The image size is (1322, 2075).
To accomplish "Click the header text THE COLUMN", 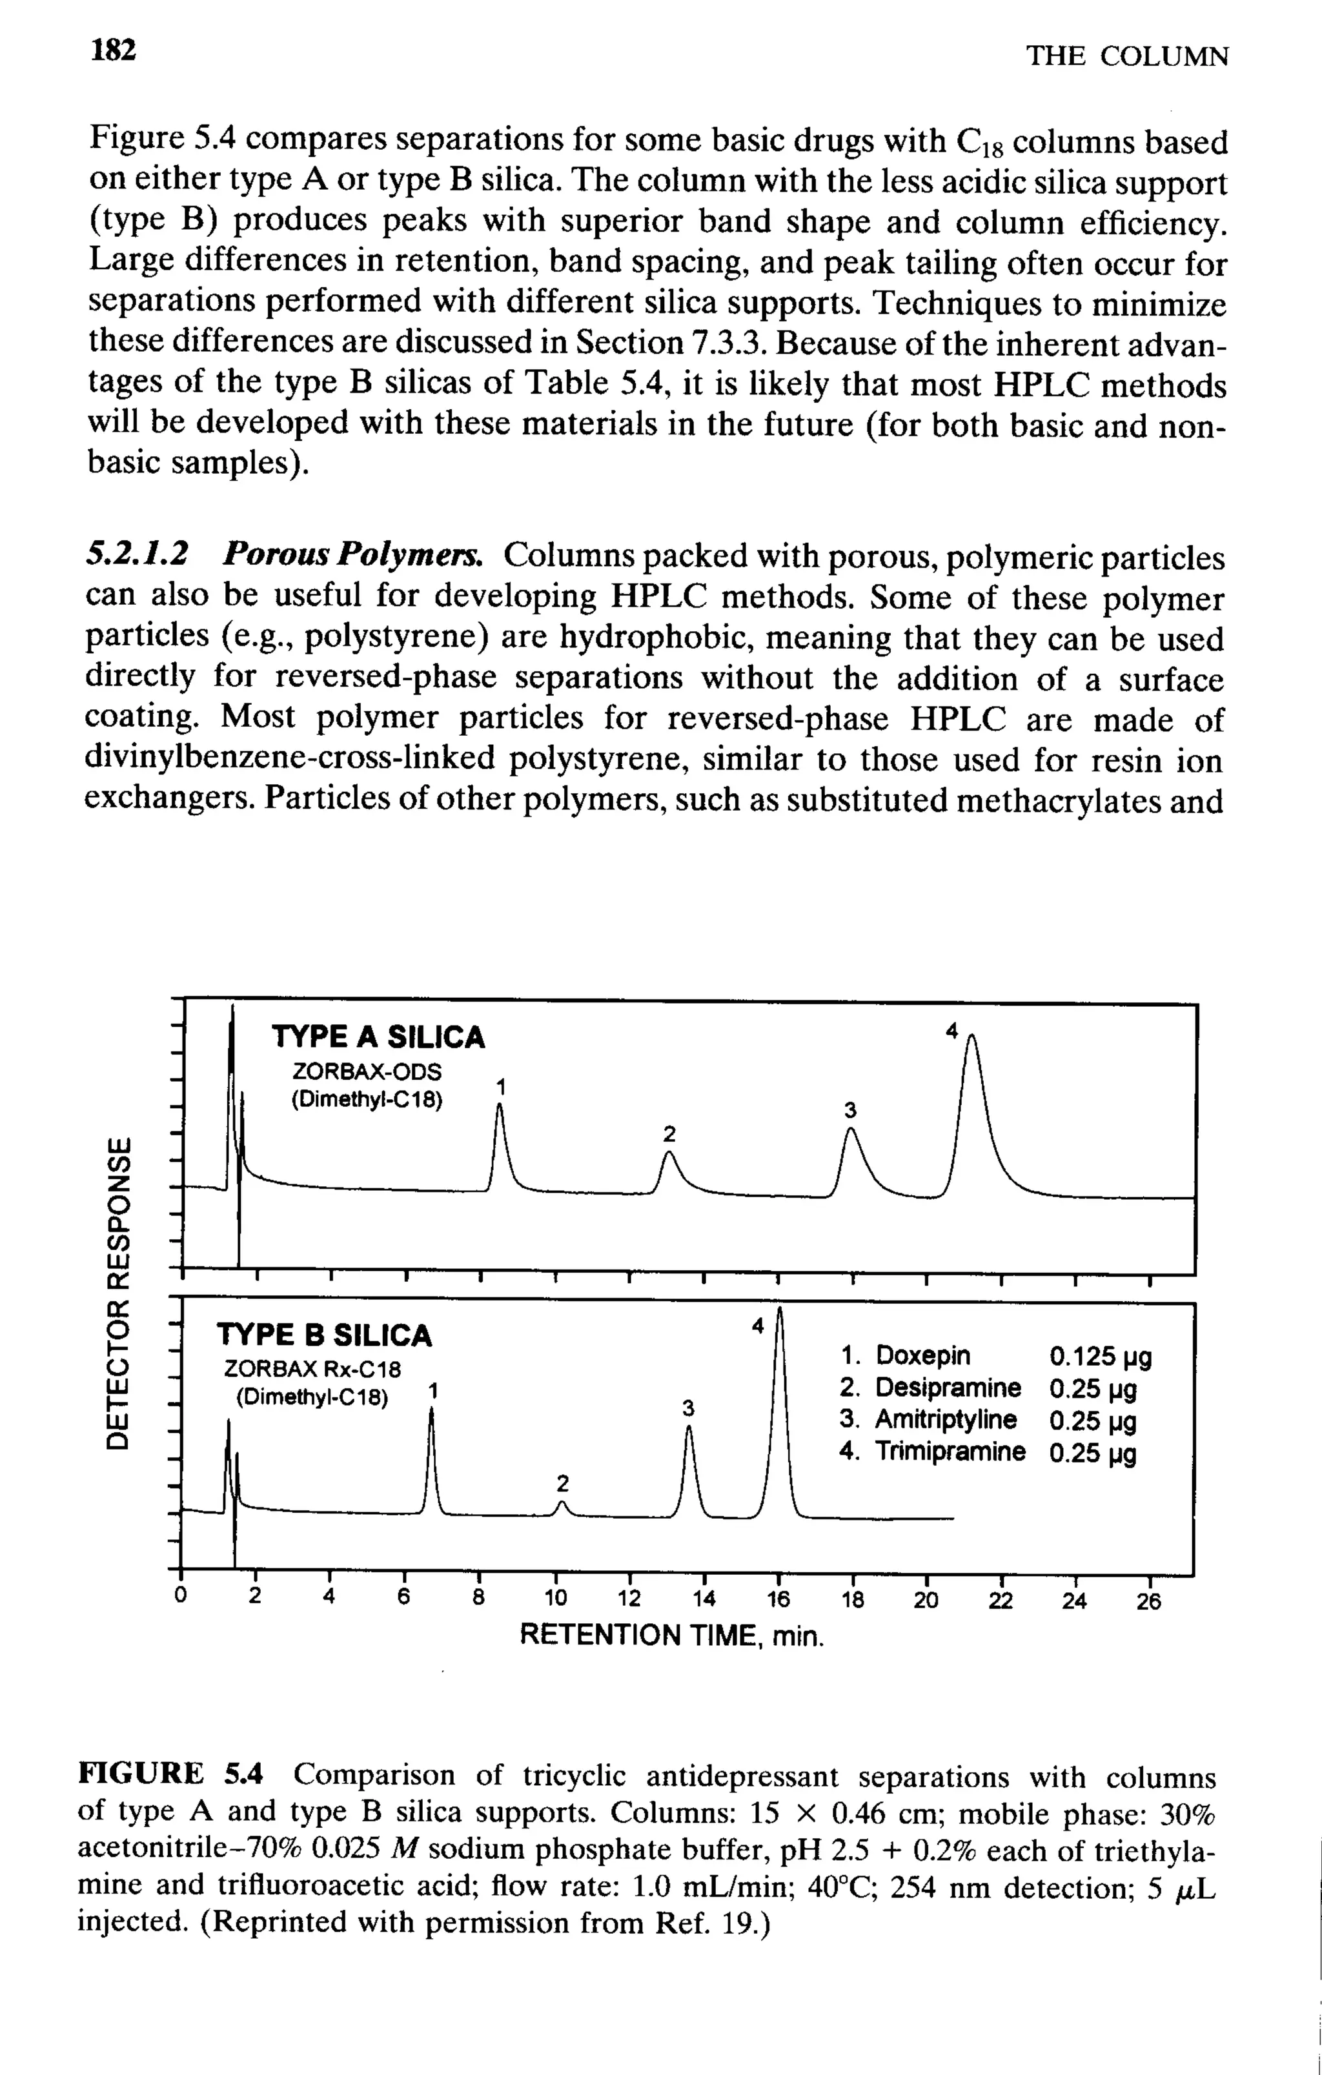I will click(1126, 56).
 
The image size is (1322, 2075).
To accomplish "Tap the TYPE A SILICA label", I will click(378, 1037).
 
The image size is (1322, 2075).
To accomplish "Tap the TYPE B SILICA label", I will click(324, 1335).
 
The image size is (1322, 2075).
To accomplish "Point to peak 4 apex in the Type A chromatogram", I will click(971, 1039).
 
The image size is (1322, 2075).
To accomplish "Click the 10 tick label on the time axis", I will click(556, 1600).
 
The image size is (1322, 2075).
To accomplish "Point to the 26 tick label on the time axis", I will click(1149, 1602).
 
